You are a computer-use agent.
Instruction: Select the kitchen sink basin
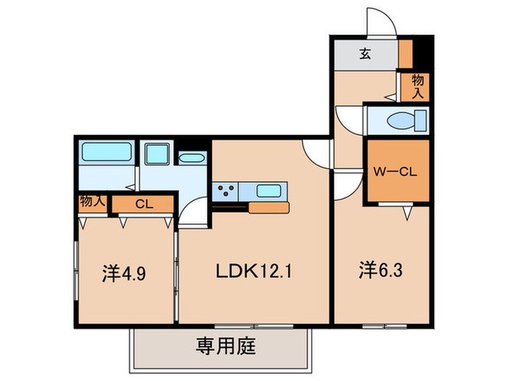point(269,192)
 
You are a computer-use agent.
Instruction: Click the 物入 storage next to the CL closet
point(93,201)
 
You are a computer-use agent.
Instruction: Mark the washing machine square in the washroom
point(155,154)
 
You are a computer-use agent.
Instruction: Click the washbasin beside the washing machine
point(192,157)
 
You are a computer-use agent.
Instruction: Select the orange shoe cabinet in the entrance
point(406,52)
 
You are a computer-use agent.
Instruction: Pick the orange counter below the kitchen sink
point(269,208)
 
